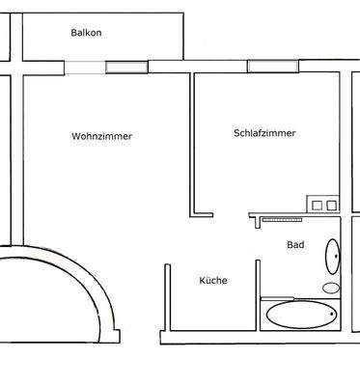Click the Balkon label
[x=86, y=33]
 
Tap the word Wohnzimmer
[x=101, y=136]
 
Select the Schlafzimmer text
[x=263, y=133]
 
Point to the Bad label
[x=295, y=245]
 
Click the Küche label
[x=213, y=281]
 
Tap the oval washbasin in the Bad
[x=332, y=258]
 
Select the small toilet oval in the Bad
[x=331, y=288]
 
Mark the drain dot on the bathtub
[x=330, y=315]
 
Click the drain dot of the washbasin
[x=336, y=258]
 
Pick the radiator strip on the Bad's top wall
[x=283, y=220]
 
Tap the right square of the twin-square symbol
[x=330, y=205]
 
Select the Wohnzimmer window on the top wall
[x=126, y=67]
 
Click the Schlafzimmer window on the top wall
[x=265, y=67]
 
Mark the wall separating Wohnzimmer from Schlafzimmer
[x=193, y=145]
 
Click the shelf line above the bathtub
[x=278, y=297]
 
